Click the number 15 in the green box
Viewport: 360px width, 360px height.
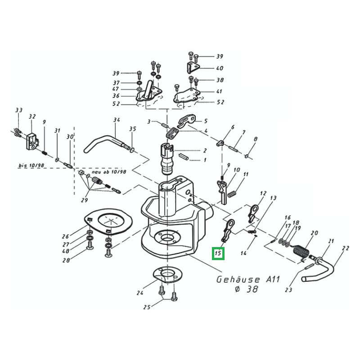218,253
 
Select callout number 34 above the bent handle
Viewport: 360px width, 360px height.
117,120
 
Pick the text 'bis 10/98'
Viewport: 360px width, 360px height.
31,165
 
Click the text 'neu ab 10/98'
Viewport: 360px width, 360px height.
109,172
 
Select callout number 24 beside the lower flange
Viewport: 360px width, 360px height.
140,293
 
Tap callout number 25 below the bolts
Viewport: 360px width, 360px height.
147,307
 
